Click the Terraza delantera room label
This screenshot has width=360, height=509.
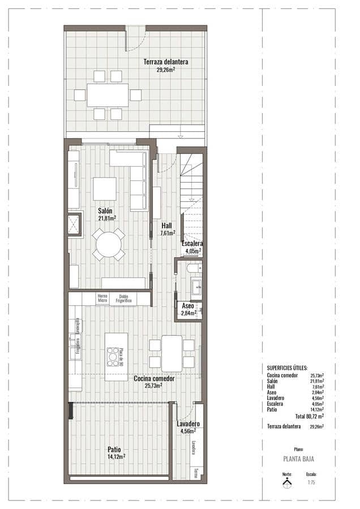click(165, 66)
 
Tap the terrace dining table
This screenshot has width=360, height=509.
click(108, 95)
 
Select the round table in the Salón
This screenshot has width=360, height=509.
click(109, 244)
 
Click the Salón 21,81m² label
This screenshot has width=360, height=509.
click(106, 214)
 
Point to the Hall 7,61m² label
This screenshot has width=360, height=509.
click(167, 228)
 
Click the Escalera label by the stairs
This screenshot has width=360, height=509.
click(192, 247)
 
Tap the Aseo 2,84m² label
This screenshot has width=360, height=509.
click(188, 309)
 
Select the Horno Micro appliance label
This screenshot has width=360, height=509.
click(102, 299)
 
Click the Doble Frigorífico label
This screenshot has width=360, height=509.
click(124, 299)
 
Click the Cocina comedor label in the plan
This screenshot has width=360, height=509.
click(153, 382)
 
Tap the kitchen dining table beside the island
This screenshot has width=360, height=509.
click(172, 353)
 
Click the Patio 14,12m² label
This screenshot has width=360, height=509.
click(115, 452)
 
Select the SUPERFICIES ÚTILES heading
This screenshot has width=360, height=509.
click(287, 368)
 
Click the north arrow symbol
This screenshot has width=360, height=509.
click(288, 482)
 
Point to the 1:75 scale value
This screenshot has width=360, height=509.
click(311, 482)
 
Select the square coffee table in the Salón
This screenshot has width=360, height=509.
click(105, 189)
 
